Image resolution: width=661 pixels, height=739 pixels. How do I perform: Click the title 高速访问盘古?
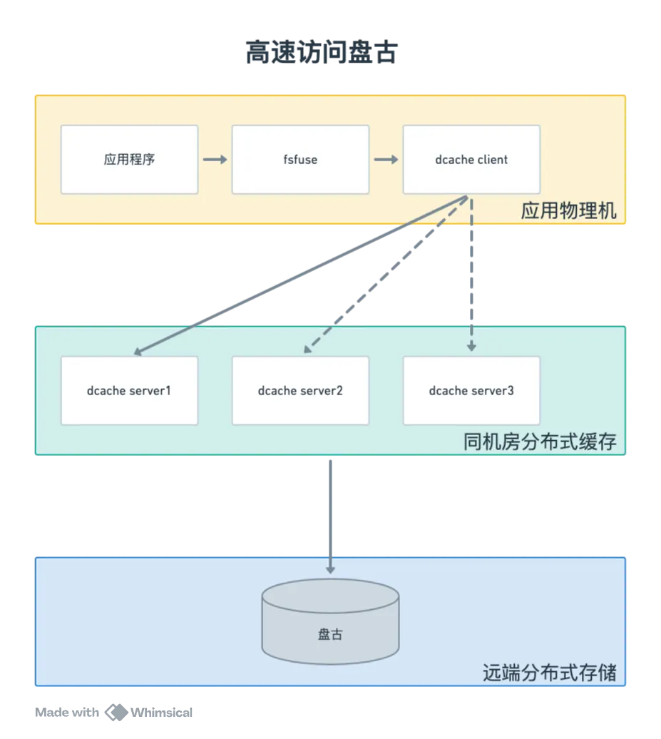pyautogui.click(x=322, y=52)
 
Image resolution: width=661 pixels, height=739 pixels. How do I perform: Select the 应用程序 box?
pyautogui.click(x=130, y=159)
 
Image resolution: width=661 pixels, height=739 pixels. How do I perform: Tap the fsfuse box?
pyautogui.click(x=301, y=159)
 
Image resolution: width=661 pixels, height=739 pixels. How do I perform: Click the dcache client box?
pyautogui.click(x=471, y=159)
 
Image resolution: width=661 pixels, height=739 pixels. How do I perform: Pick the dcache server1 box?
pyautogui.click(x=130, y=391)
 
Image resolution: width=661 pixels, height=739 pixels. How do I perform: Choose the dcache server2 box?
pyautogui.click(x=301, y=391)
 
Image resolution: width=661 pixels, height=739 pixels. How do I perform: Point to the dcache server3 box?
pyautogui.click(x=471, y=391)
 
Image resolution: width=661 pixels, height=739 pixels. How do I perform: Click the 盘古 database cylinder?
pyautogui.click(x=330, y=621)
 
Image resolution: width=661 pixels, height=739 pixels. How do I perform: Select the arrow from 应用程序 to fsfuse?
pyautogui.click(x=215, y=160)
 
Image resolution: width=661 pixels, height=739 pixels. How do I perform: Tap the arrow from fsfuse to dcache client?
pyautogui.click(x=386, y=160)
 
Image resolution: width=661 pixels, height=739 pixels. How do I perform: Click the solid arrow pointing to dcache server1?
pyautogui.click(x=301, y=275)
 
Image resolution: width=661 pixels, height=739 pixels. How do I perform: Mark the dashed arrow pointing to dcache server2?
pyautogui.click(x=386, y=275)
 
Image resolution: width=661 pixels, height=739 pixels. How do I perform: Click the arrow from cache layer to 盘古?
pyautogui.click(x=330, y=517)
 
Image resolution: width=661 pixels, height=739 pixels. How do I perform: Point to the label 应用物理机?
pyautogui.click(x=568, y=210)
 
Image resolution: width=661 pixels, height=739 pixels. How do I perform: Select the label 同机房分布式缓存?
pyautogui.click(x=540, y=442)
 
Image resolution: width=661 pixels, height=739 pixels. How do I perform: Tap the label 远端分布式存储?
pyautogui.click(x=549, y=673)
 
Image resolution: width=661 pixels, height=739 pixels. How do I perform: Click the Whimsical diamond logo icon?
pyautogui.click(x=116, y=712)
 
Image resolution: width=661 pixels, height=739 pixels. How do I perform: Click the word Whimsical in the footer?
pyautogui.click(x=162, y=713)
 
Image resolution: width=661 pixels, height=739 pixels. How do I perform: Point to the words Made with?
pyautogui.click(x=67, y=712)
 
